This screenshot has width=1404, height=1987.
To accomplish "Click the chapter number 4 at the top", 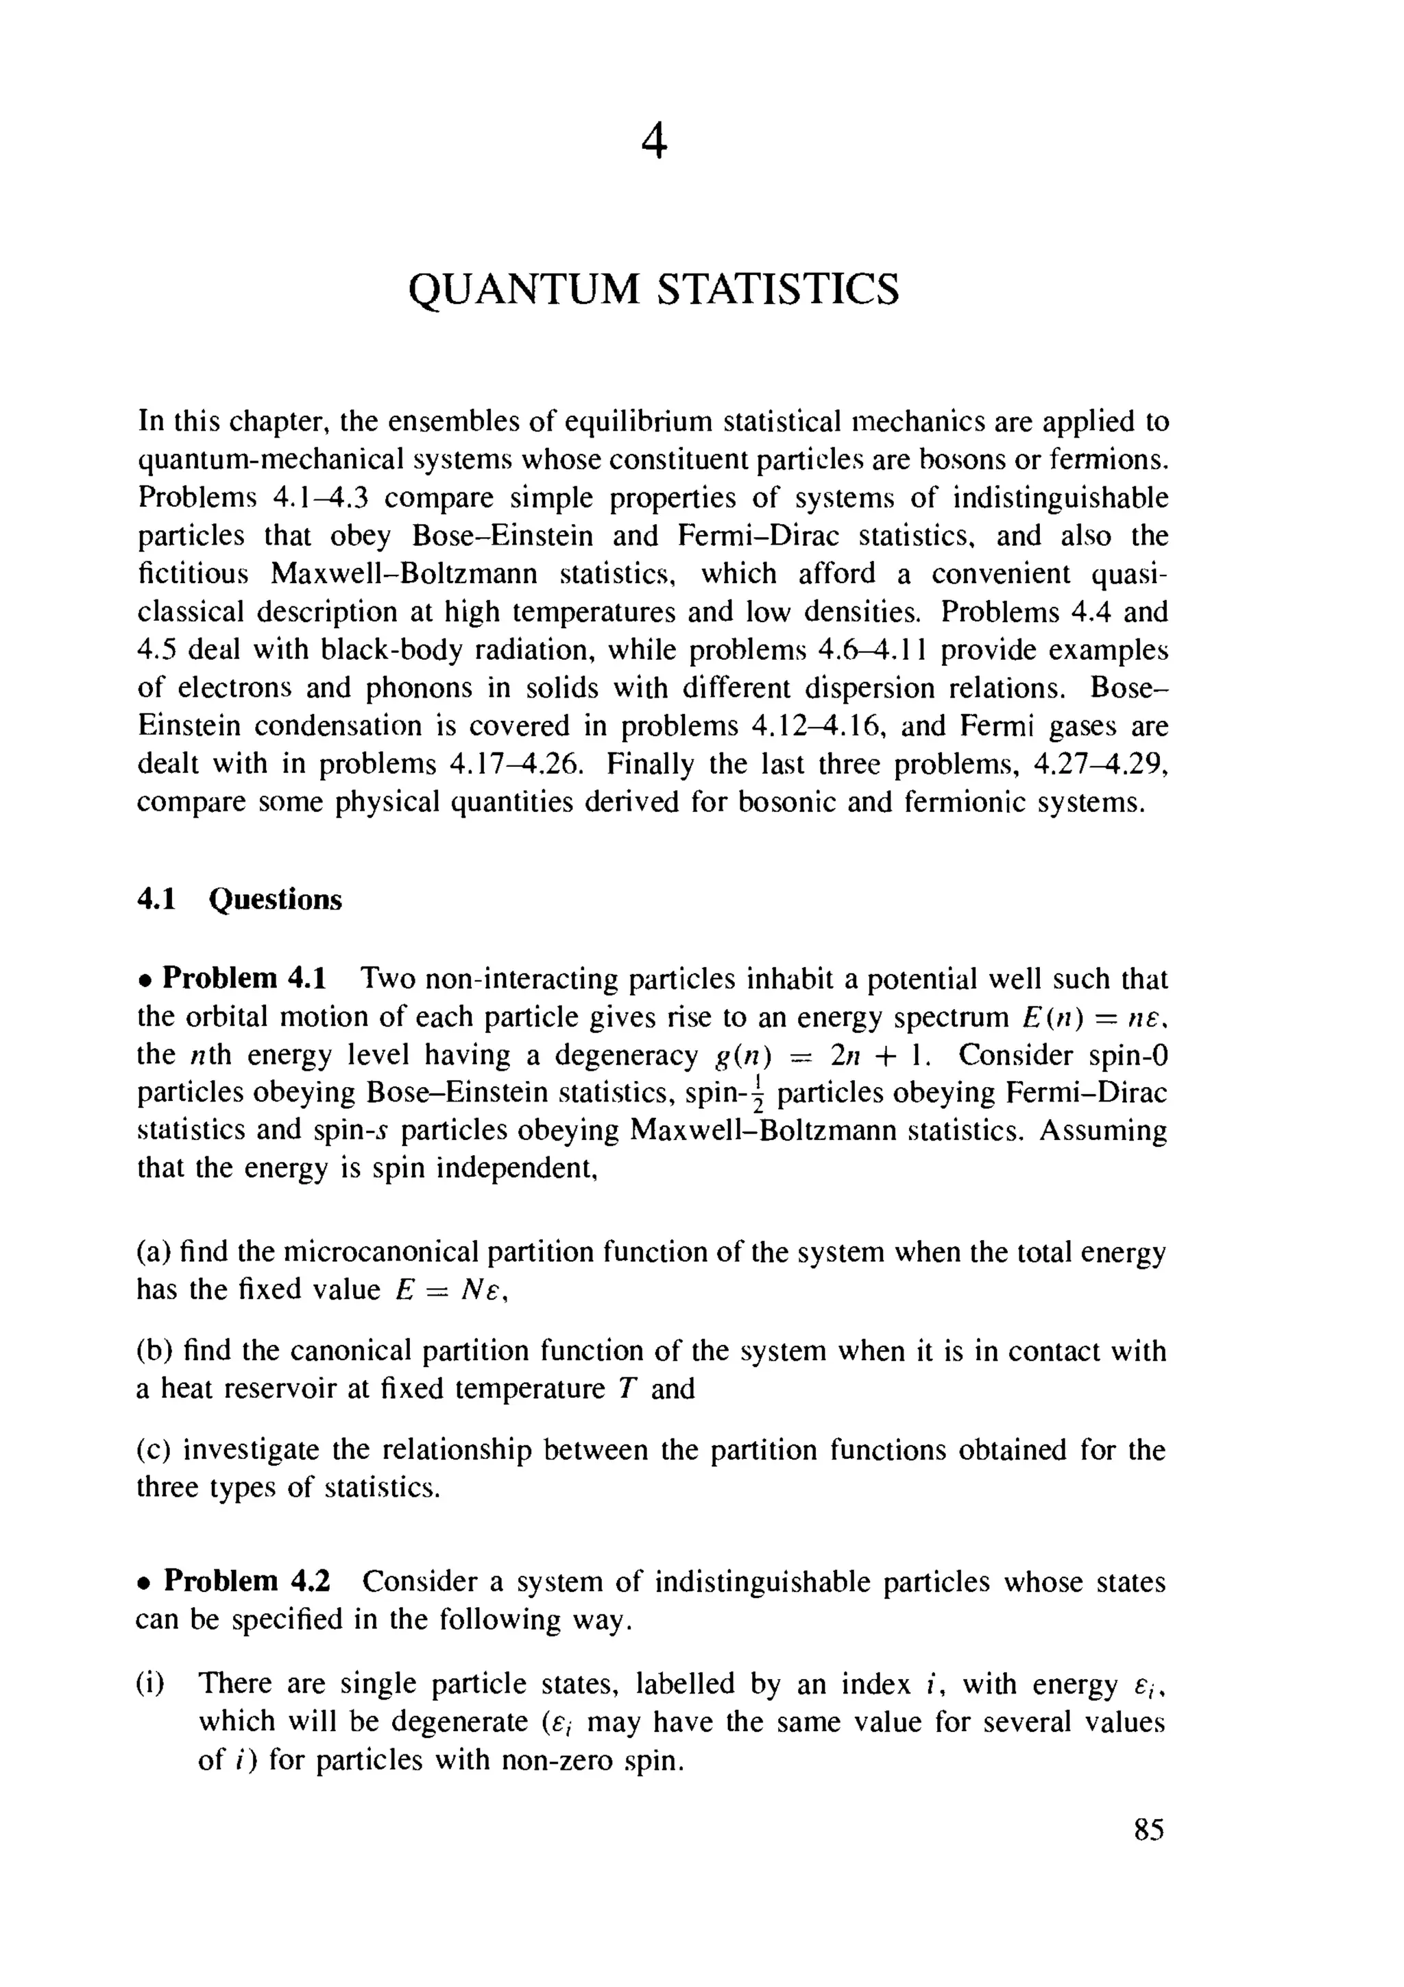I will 655,142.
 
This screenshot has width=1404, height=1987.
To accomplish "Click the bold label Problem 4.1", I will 244,979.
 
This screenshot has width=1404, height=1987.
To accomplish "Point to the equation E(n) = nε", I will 1093,1018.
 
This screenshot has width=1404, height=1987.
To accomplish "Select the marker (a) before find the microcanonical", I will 156,1252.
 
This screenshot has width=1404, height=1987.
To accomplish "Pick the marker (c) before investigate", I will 156,1449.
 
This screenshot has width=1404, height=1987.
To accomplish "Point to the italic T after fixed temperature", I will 627,1389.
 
